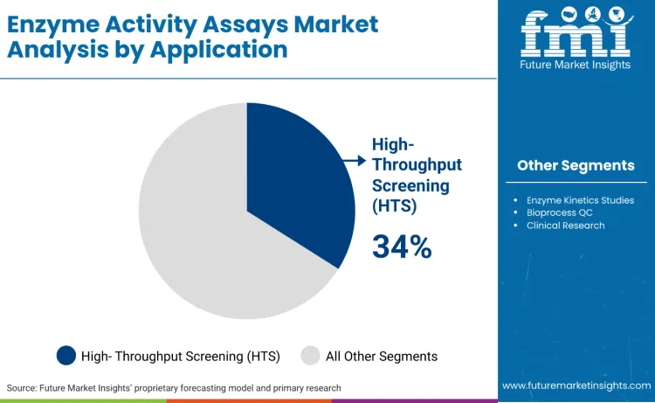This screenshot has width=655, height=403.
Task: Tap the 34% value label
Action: [402, 247]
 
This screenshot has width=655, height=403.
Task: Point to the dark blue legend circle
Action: [66, 355]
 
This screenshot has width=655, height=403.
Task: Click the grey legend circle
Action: [310, 355]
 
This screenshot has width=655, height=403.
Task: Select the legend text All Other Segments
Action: [382, 356]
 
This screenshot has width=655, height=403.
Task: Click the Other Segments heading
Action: [576, 165]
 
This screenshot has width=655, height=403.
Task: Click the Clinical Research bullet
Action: [565, 225]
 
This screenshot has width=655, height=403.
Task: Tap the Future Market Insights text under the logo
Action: [576, 66]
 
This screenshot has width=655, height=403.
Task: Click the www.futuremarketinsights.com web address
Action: [576, 386]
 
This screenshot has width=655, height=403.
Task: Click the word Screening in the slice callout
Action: [410, 185]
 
